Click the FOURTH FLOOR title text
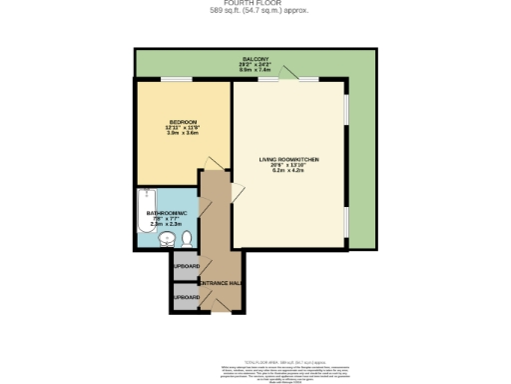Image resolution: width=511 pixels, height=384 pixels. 255,3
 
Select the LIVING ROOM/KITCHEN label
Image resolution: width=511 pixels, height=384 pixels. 287,159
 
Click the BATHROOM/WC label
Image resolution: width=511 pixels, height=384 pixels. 164,213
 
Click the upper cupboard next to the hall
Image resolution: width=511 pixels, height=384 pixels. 185,266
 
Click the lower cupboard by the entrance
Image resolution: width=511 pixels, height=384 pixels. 185,298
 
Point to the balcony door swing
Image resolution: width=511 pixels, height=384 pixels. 288,72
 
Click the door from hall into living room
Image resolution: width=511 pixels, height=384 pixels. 237,191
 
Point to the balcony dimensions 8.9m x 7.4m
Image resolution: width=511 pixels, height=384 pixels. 255,70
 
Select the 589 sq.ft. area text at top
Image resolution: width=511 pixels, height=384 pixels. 255,11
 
